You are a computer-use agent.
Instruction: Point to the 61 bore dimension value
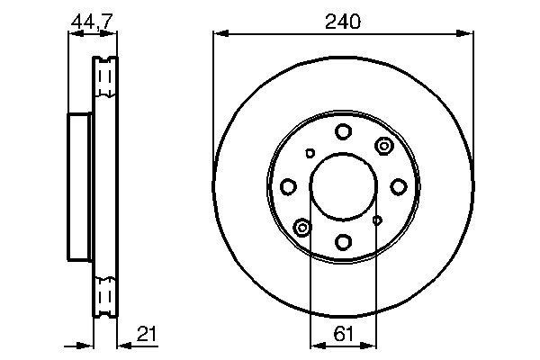click(343, 336)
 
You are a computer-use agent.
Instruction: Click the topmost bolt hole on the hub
click(343, 132)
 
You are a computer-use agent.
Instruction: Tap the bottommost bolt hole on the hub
click(343, 241)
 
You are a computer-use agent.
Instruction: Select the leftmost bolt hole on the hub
click(289, 187)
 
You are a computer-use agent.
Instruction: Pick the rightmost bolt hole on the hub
click(398, 187)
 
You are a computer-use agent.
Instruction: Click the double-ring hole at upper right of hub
click(383, 146)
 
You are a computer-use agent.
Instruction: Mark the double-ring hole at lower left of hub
click(301, 228)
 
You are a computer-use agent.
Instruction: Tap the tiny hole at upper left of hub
click(310, 154)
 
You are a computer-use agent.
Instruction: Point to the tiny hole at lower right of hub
click(376, 219)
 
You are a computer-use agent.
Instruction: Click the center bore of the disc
click(343, 187)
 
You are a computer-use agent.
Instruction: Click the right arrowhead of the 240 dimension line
click(468, 34)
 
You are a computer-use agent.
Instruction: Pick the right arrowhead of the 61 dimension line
click(372, 345)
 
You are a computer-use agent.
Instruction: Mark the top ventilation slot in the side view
click(105, 76)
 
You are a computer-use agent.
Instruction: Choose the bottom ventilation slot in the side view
click(105, 295)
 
